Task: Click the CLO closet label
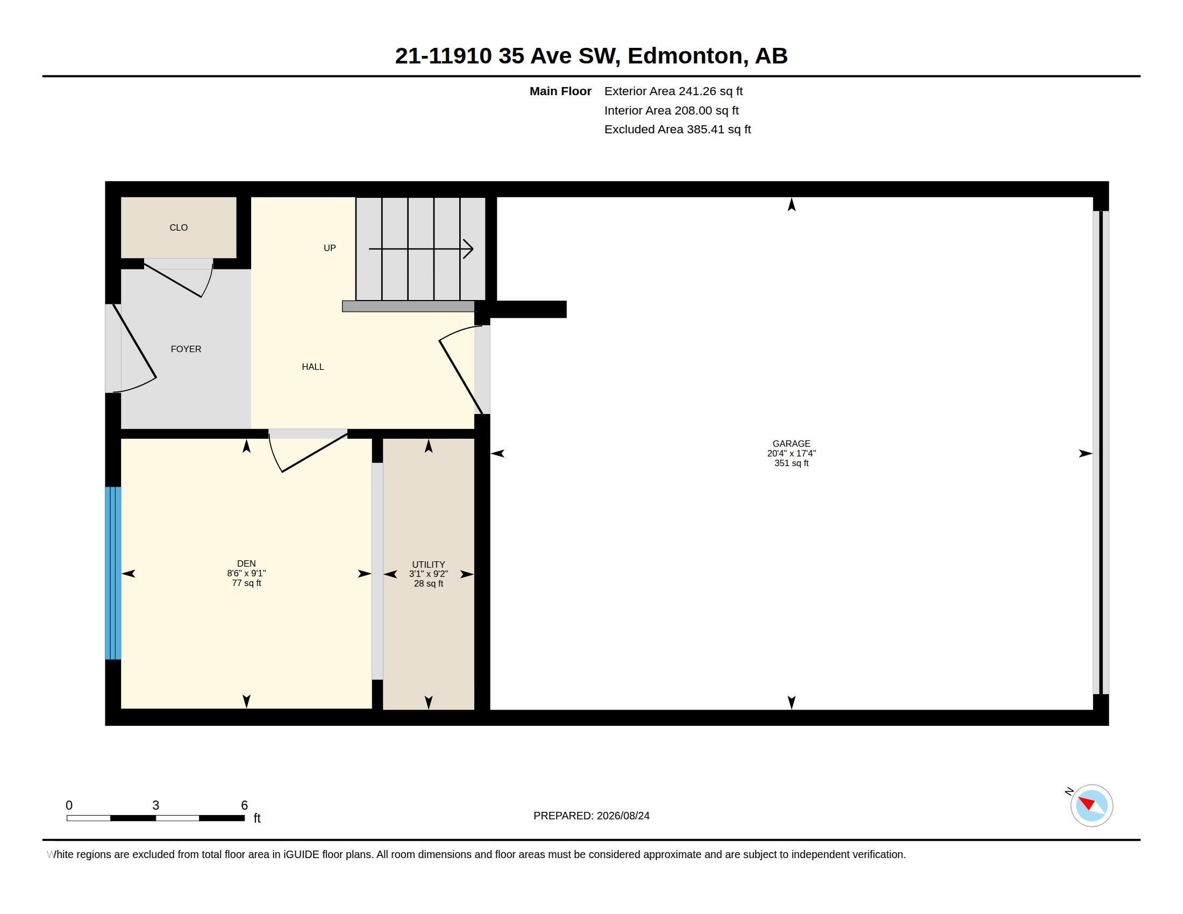tap(178, 227)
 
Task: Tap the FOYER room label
tap(186, 349)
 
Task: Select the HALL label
tap(312, 367)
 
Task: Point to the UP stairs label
tap(329, 248)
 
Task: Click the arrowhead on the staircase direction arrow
tap(468, 249)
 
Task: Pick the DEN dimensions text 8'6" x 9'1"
tap(246, 574)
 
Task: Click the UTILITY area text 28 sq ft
tap(429, 584)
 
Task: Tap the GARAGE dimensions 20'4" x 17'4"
tap(792, 454)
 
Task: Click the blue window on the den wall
tap(113, 573)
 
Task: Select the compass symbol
tap(1091, 805)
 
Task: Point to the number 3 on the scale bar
tap(155, 805)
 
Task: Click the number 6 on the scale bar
tap(244, 805)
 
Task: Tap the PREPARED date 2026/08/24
tap(623, 816)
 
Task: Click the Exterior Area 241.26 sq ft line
tap(673, 91)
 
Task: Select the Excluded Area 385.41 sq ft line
tap(678, 130)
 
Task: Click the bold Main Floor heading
tap(560, 91)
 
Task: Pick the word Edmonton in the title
tap(685, 56)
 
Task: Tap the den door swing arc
tap(275, 454)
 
